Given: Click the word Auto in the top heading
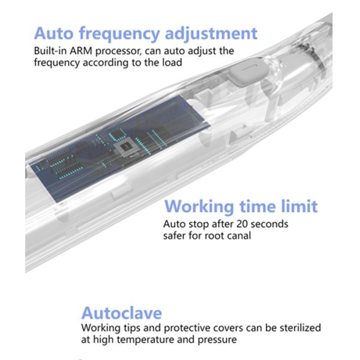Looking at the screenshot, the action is point(53,33).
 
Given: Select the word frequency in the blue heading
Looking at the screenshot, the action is point(119,35).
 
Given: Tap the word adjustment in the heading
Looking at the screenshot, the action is point(211,34).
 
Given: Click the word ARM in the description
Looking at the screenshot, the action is point(81,51).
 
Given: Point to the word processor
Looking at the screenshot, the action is point(118,52).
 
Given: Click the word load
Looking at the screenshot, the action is point(172,62).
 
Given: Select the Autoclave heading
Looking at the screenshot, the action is point(122,313).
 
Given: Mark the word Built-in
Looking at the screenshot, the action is point(50,51).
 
